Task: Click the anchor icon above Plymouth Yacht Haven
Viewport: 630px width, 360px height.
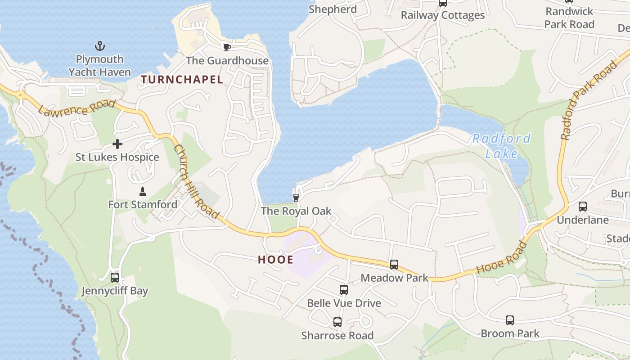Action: [99, 46]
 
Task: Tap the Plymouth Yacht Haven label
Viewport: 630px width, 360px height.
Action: [99, 66]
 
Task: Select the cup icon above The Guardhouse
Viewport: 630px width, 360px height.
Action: [227, 47]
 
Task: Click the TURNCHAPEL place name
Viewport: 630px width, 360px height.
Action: [182, 80]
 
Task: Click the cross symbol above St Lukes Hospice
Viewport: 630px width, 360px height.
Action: [117, 144]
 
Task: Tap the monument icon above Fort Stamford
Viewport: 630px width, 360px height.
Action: [143, 192]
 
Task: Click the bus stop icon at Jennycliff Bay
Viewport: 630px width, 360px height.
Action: [115, 278]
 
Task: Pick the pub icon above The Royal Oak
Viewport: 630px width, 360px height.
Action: [296, 198]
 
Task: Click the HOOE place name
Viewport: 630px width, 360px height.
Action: [276, 260]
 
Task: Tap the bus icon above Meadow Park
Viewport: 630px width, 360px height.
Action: [394, 265]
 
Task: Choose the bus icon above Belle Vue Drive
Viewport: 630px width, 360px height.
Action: [344, 290]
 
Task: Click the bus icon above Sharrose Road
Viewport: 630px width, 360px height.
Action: [337, 322]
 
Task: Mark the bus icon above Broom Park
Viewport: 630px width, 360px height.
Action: [509, 320]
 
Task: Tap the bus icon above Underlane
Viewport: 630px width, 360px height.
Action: [583, 207]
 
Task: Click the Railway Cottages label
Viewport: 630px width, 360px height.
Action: [443, 15]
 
